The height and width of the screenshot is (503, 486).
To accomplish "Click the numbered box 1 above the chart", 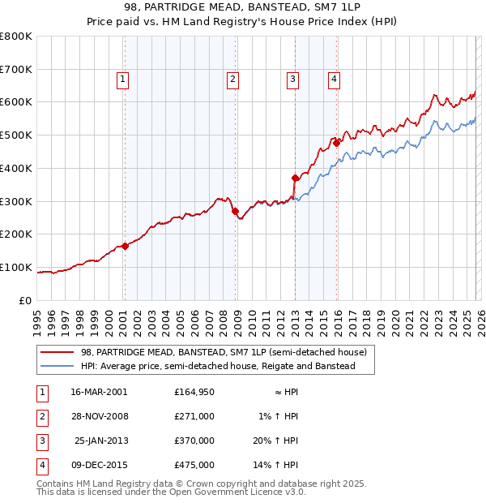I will [122, 79].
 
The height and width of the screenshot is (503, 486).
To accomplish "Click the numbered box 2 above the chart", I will [232, 79].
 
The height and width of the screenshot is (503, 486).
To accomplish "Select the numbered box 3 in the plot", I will [292, 79].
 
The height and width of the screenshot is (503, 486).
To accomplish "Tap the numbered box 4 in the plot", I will [334, 79].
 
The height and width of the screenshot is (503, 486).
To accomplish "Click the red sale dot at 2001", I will [125, 246].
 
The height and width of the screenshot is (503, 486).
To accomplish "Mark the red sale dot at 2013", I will [295, 178].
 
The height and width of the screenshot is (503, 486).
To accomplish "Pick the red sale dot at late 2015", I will [336, 143].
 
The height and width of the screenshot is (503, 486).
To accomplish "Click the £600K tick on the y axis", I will [16, 102].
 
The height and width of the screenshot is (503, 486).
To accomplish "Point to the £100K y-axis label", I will [16, 267].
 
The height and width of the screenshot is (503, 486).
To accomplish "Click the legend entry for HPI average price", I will [218, 367].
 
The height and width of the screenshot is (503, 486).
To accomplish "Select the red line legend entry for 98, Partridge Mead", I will [224, 353].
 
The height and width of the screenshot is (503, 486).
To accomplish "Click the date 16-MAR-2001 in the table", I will [99, 392].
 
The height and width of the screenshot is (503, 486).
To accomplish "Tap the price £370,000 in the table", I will [194, 442].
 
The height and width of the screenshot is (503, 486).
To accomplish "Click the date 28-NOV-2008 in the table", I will [99, 417].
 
